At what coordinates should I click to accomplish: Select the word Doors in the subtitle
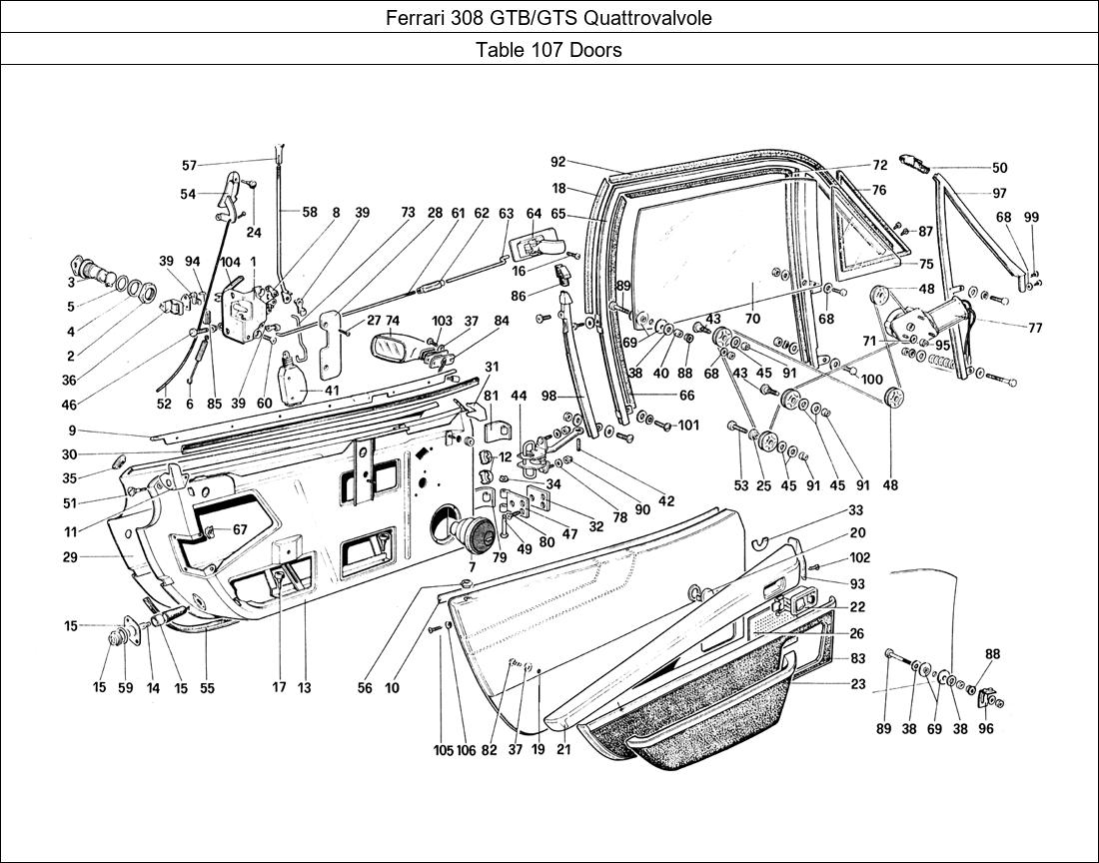(597, 50)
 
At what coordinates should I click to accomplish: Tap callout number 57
(189, 166)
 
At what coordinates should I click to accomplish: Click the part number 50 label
(999, 169)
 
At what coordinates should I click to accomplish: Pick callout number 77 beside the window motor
(1034, 327)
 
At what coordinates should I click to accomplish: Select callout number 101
(688, 425)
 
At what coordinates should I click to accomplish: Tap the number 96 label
(987, 729)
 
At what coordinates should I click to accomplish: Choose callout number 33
(856, 509)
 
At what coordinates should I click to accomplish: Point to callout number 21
(563, 749)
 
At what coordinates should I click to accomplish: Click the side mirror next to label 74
(399, 350)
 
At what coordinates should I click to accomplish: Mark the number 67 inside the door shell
(239, 529)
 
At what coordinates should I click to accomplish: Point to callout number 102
(859, 558)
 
